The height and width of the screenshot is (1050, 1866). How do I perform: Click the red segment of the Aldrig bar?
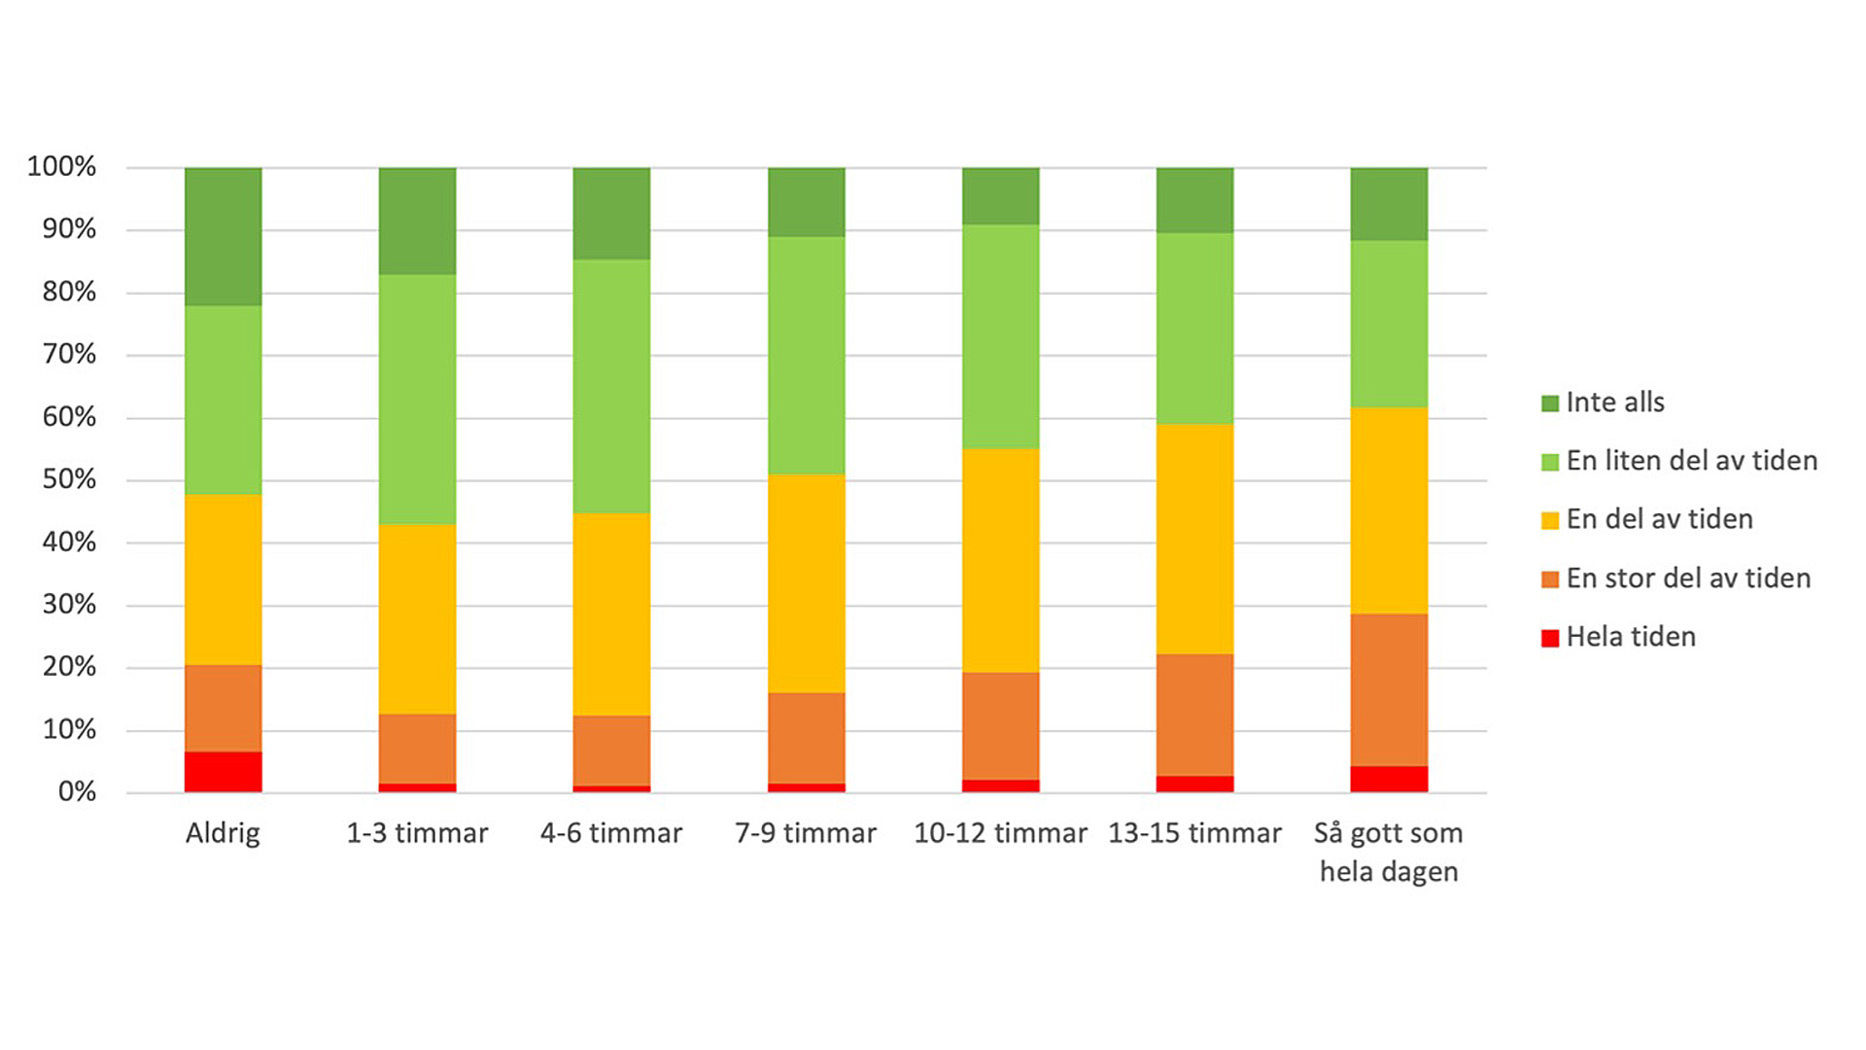(x=223, y=772)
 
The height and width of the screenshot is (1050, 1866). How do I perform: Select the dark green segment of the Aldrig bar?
(x=223, y=236)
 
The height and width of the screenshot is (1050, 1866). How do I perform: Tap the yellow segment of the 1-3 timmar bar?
(x=417, y=619)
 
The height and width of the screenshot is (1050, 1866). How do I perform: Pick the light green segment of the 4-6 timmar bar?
(x=611, y=386)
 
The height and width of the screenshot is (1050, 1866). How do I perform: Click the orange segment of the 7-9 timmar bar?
(x=806, y=738)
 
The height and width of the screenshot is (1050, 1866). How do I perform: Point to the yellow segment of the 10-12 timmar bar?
(x=1000, y=560)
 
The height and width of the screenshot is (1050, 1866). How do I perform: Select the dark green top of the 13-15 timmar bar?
(x=1194, y=200)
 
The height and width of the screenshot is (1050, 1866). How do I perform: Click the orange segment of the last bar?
(x=1389, y=689)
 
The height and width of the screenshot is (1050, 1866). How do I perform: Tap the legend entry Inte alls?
(x=1614, y=402)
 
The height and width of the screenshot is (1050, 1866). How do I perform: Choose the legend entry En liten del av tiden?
(x=1691, y=461)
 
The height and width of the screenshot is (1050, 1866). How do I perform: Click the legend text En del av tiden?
(x=1659, y=519)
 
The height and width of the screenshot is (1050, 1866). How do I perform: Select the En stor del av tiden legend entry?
(x=1688, y=578)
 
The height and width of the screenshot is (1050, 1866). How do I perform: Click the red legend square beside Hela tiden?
(x=1550, y=638)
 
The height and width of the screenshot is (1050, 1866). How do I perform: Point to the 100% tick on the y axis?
(x=61, y=166)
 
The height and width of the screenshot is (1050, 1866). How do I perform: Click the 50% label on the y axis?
(x=69, y=479)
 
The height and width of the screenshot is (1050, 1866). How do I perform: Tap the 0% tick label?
(x=77, y=791)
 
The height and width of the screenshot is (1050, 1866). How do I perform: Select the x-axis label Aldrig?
(x=223, y=833)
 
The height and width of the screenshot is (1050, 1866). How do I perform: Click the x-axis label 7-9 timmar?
(x=806, y=833)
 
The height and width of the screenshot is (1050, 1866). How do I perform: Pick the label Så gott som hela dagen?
(x=1389, y=852)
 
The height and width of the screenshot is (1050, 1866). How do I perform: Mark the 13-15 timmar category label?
(x=1194, y=833)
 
